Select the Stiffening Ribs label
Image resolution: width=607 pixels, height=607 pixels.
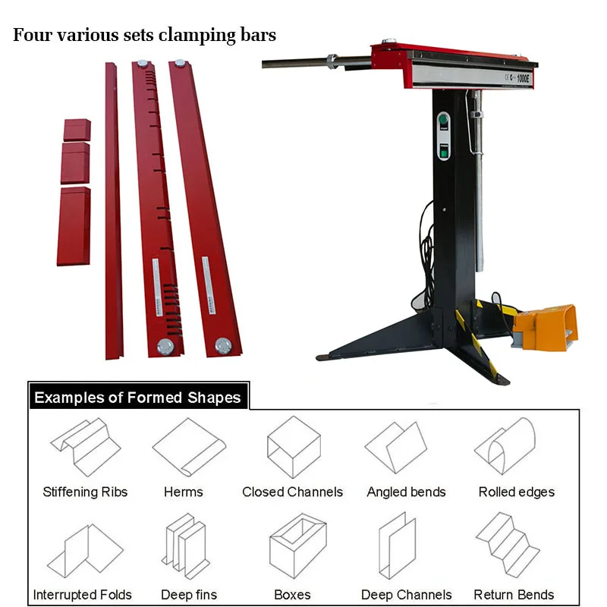[x=85, y=492]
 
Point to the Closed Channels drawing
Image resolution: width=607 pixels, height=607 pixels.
[x=293, y=446]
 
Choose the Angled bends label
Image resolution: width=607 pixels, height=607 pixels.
[x=407, y=492]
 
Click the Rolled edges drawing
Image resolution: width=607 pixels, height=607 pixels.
[x=505, y=446]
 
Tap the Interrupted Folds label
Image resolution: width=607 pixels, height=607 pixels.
[x=82, y=595]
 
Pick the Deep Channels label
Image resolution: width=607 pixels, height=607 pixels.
[x=406, y=595]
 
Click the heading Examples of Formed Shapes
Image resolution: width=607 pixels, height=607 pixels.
[x=137, y=398]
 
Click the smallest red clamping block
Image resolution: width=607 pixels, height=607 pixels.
[x=77, y=129]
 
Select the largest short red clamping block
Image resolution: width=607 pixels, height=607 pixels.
[x=74, y=225]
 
